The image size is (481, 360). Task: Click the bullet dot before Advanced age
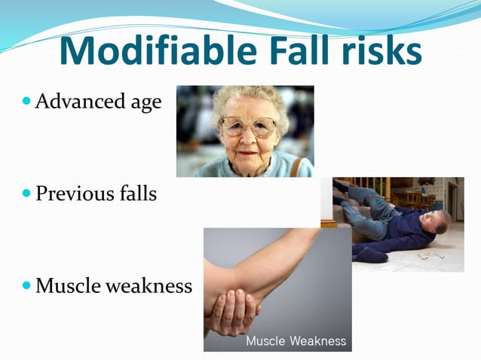(27, 101)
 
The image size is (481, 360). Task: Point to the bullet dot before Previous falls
(27, 194)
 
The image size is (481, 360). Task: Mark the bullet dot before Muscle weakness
(27, 286)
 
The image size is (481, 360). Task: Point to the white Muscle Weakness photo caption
(296, 341)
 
